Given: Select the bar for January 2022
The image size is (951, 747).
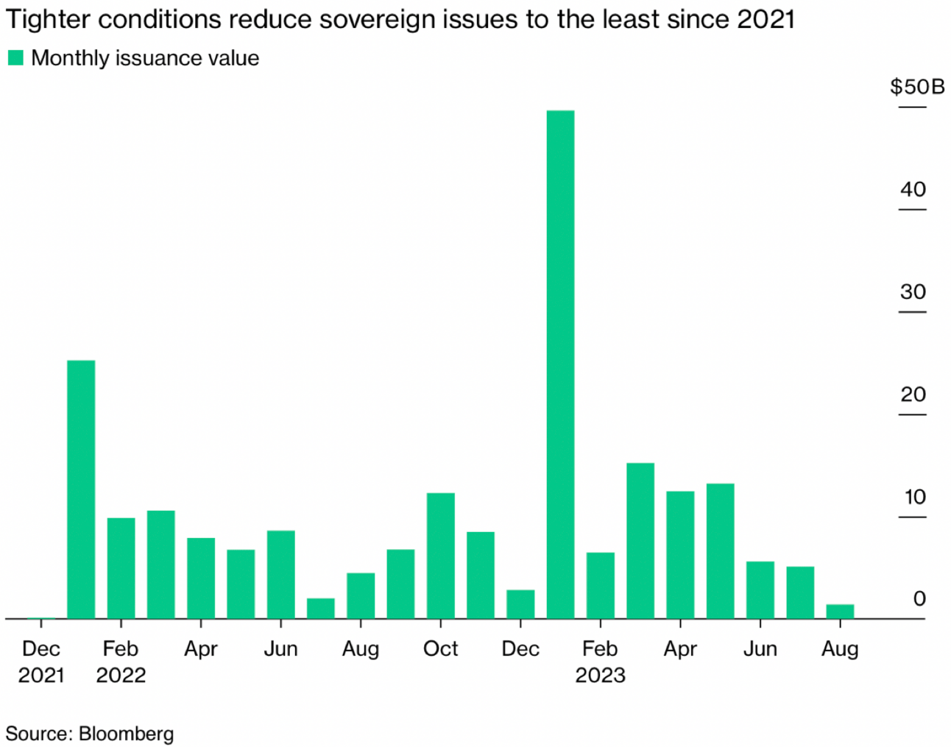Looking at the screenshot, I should (x=81, y=489).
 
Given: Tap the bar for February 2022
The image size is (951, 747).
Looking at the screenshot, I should (x=121, y=568).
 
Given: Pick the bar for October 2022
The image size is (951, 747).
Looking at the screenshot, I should (x=440, y=556).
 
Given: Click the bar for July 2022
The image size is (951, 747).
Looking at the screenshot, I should (x=320, y=609).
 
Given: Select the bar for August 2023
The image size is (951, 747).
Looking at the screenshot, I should (x=840, y=612).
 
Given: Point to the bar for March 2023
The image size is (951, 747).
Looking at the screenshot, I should (x=640, y=541).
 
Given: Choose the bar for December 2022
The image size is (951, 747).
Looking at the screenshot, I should (x=520, y=604).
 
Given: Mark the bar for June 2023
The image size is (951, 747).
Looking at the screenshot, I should (x=760, y=590).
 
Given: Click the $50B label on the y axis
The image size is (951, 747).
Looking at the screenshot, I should (x=916, y=87).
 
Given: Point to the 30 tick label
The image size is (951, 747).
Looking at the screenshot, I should (x=913, y=292).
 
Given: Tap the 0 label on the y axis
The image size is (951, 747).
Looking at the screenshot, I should (x=919, y=599).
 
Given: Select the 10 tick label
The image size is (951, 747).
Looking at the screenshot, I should (x=914, y=498).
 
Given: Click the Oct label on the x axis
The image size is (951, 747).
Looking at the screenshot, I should (x=440, y=649).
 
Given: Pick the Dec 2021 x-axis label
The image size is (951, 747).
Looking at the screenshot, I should (x=41, y=662).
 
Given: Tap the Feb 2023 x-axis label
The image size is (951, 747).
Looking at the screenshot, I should (x=600, y=662).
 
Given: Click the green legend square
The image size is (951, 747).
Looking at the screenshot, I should (x=15, y=58).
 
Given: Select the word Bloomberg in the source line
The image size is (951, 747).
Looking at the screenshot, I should (x=126, y=734).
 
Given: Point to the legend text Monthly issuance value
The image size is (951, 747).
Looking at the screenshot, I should (x=145, y=58).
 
